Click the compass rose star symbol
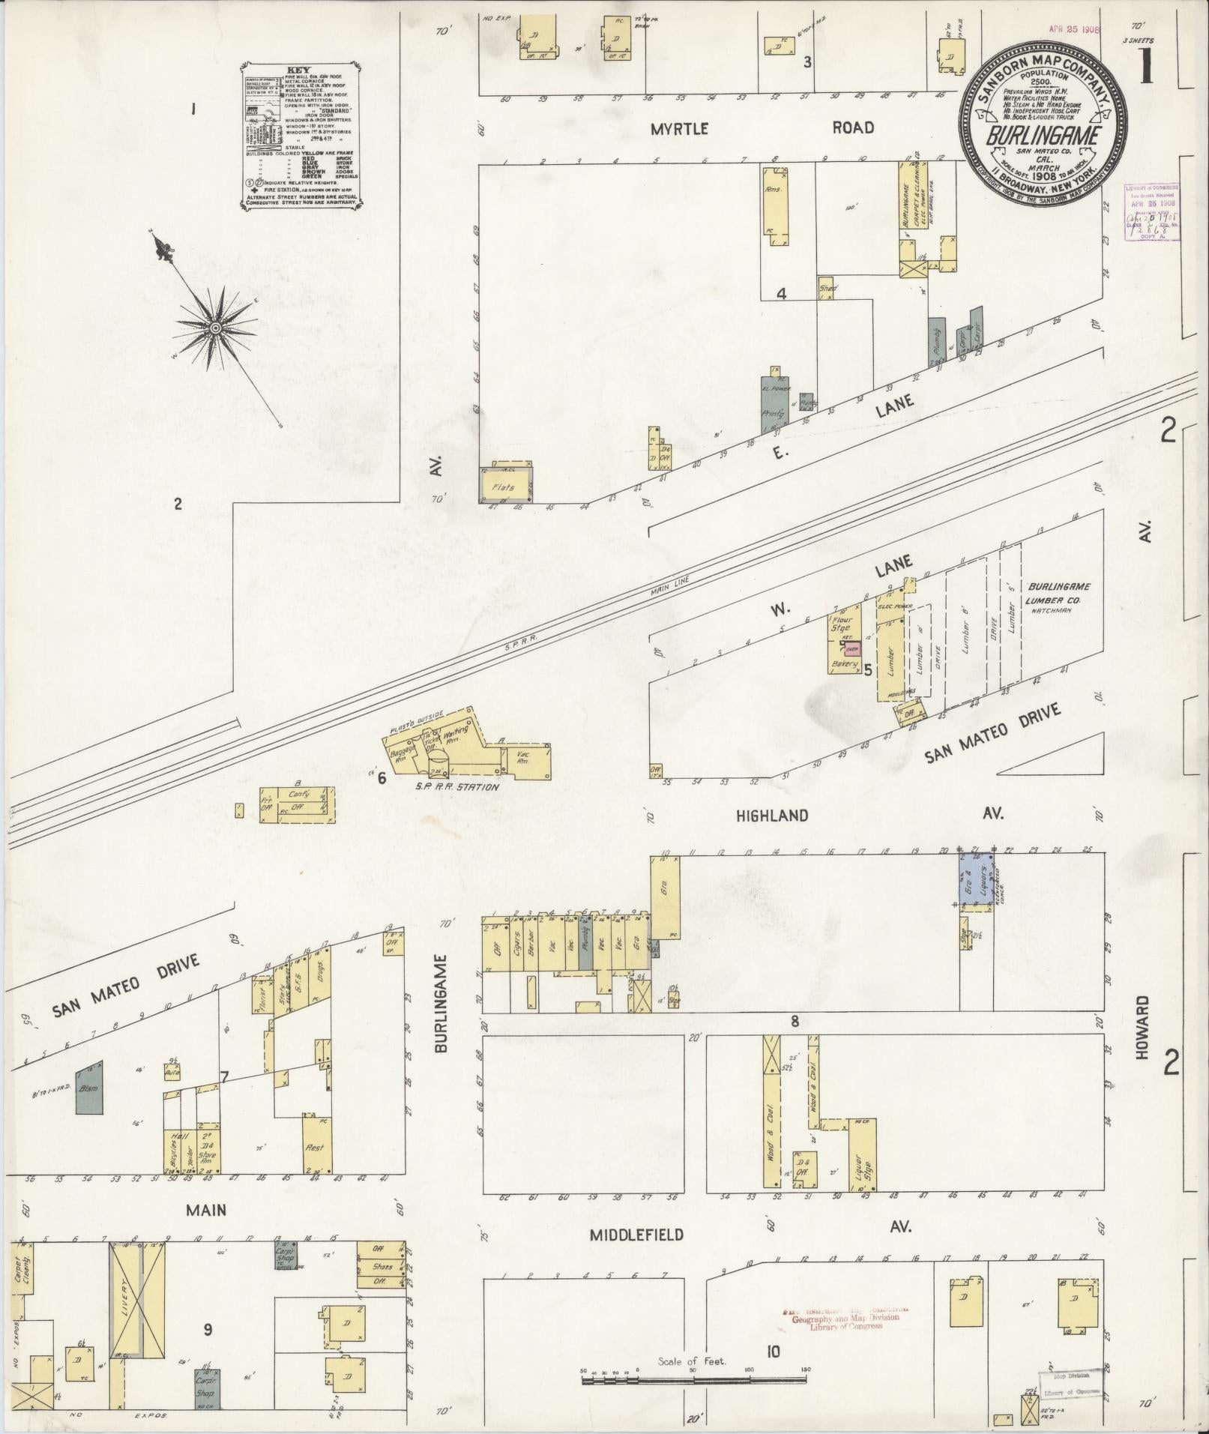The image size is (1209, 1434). point(215,328)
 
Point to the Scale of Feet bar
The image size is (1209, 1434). point(693,1371)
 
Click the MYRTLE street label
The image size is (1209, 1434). point(679,129)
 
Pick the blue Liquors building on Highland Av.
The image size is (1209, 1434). point(976,879)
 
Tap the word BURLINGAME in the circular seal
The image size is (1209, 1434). point(1043,136)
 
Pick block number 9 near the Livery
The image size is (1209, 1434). point(208,1329)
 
